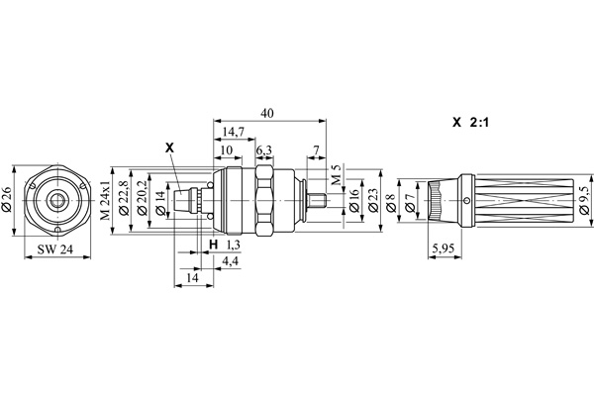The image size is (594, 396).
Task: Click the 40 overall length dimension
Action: [266, 113]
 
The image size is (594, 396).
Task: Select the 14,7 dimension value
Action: [235, 131]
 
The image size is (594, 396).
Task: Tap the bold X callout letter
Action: [169, 148]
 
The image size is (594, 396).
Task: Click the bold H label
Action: [213, 244]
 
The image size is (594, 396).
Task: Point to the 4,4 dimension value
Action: [229, 260]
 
